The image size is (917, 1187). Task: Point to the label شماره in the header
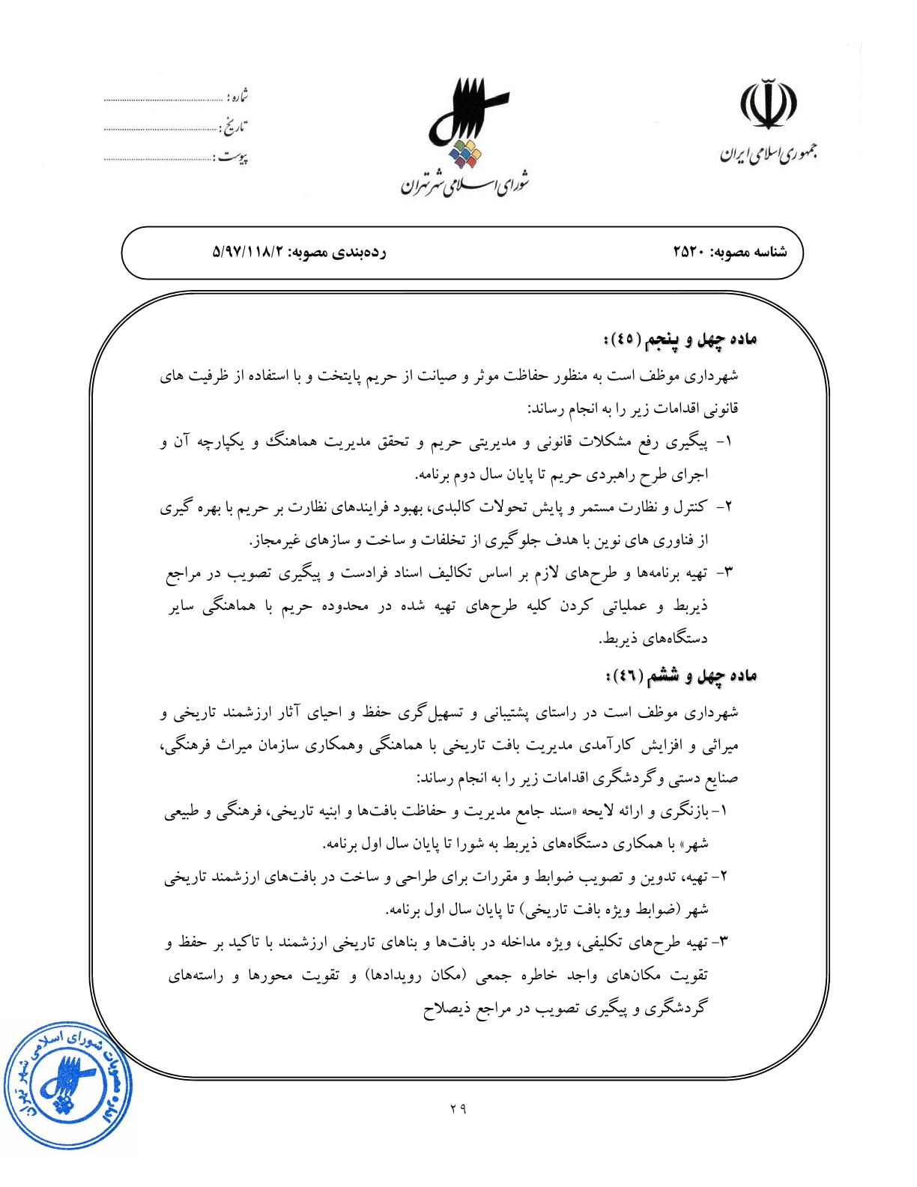(237, 97)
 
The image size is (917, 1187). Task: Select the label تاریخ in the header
(237, 126)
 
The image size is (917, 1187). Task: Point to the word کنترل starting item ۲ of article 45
(690, 507)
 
